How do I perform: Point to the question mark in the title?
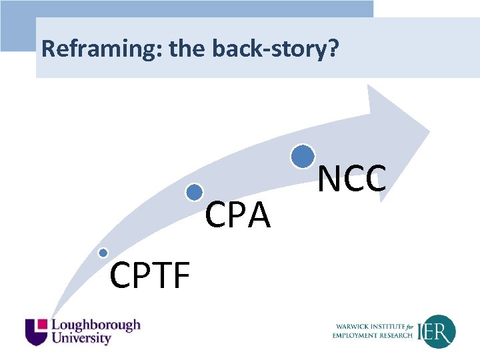334,49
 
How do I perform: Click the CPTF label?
150,276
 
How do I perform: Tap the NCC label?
351,179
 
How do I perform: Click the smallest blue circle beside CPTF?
103,253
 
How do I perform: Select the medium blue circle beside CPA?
194,193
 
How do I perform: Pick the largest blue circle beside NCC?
303,156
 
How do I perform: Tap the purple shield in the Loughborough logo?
37,331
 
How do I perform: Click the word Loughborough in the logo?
96,325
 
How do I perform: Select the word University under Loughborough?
81,339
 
